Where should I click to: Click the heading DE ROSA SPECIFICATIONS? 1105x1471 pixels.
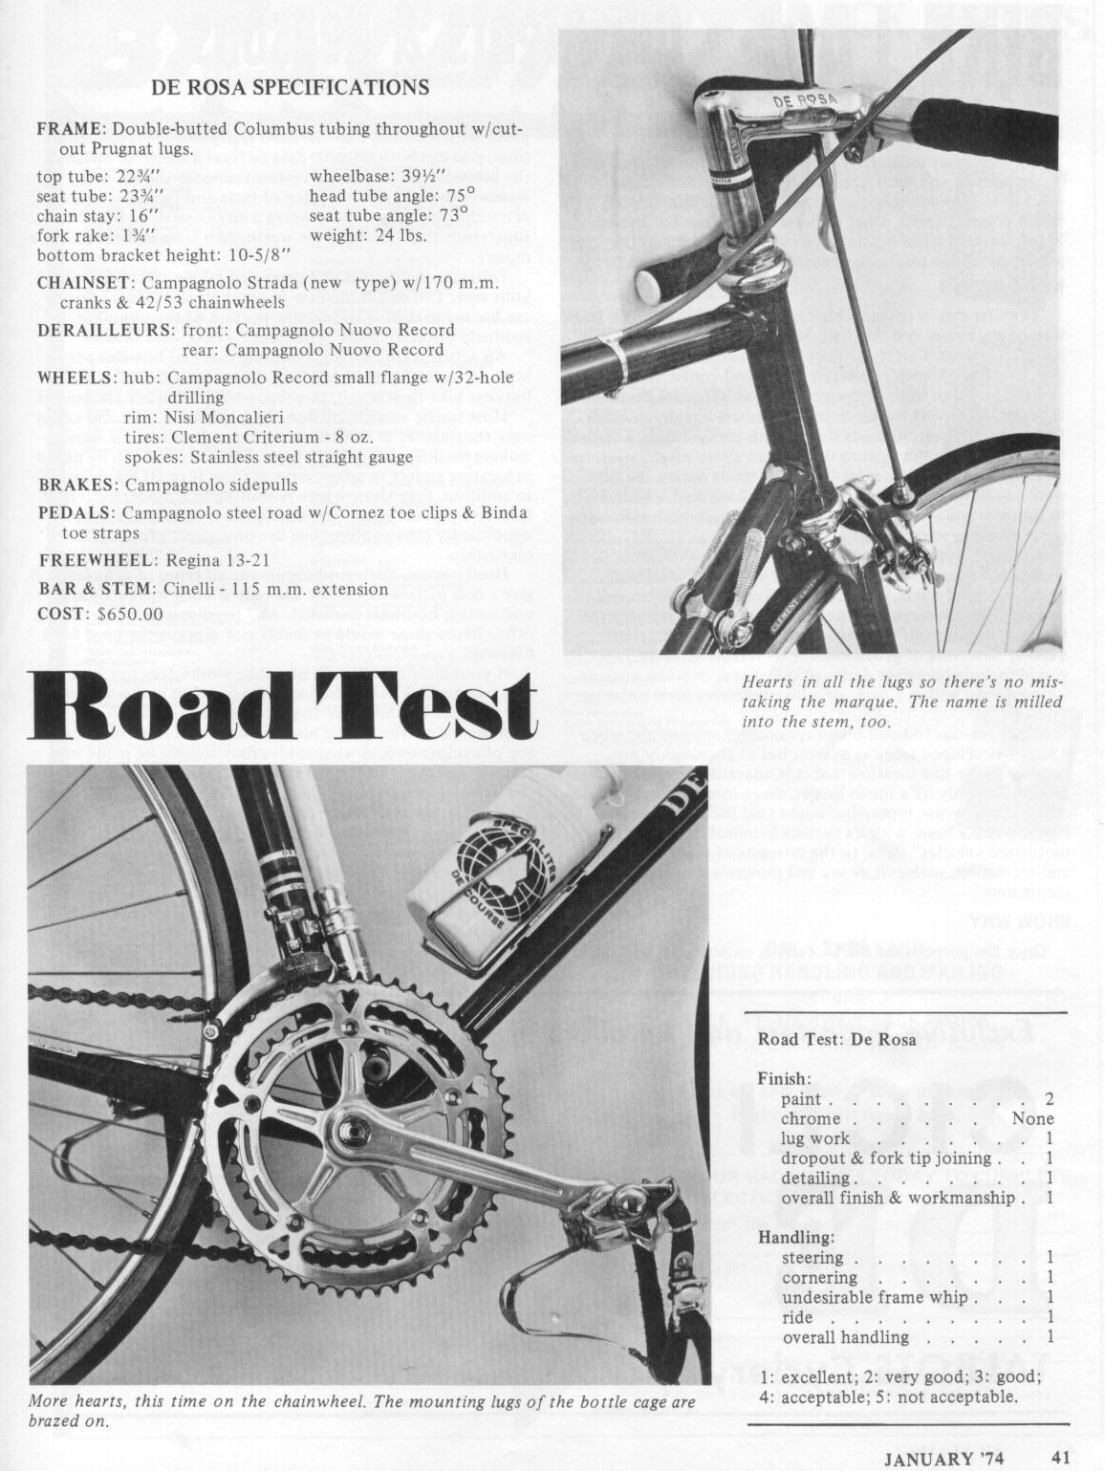(x=290, y=88)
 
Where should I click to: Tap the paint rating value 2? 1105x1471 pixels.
(x=1049, y=1099)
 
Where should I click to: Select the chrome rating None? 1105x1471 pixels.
(x=1032, y=1119)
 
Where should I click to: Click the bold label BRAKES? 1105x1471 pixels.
(x=77, y=485)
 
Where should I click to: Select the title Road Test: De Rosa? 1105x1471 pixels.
(x=836, y=1039)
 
